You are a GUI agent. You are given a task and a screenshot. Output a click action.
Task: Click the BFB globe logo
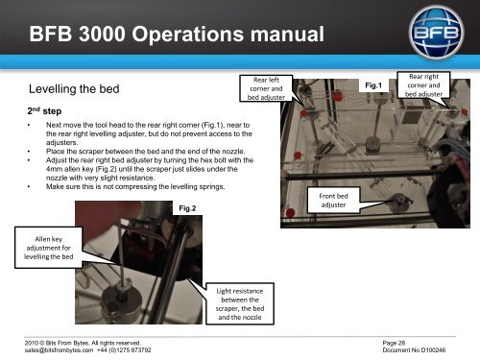(x=436, y=33)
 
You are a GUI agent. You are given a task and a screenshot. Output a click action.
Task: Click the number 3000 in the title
(x=102, y=34)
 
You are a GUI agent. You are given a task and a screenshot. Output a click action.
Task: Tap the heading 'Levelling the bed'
(x=74, y=89)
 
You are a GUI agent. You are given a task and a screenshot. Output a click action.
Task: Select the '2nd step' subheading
(x=44, y=111)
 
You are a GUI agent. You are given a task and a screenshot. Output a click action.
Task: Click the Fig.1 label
(x=373, y=85)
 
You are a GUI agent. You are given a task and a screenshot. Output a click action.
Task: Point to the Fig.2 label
(x=187, y=208)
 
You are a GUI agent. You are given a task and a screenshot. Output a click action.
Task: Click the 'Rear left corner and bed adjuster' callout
(x=266, y=88)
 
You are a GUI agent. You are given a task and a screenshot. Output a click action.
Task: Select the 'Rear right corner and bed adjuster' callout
(x=423, y=85)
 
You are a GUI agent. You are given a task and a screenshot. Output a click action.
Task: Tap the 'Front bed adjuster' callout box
(x=333, y=201)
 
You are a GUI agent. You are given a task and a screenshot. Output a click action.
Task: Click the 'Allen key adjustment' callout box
(x=49, y=248)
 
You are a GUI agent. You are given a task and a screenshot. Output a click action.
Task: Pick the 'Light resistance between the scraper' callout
(x=240, y=304)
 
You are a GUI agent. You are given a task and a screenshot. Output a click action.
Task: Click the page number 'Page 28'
(x=394, y=343)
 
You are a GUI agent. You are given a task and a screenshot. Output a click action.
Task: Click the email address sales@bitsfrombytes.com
(x=59, y=350)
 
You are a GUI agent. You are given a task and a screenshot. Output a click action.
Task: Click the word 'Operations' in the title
(x=188, y=35)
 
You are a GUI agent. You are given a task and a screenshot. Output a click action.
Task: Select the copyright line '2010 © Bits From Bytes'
(x=57, y=343)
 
